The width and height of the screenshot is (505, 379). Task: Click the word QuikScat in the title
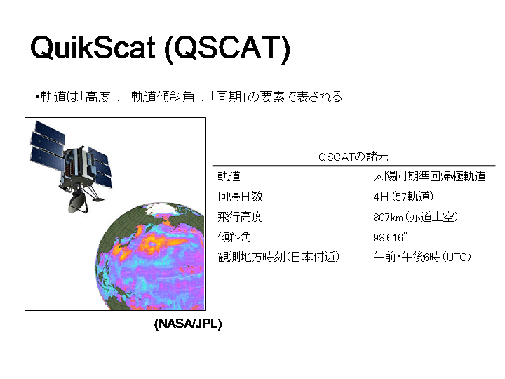(x=93, y=48)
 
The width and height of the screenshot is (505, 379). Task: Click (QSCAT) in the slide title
(x=227, y=48)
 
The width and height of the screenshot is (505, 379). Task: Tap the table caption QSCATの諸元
(x=353, y=157)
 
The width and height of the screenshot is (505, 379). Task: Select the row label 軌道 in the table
(x=229, y=176)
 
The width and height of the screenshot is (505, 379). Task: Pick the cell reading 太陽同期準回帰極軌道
(x=429, y=176)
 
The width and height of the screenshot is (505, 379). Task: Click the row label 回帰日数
(x=241, y=197)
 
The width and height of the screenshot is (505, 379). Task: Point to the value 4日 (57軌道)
(x=403, y=197)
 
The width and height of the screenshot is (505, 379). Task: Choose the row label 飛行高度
(x=241, y=217)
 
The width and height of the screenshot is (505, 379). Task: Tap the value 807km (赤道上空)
(x=415, y=217)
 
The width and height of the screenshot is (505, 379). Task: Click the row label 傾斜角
(x=234, y=237)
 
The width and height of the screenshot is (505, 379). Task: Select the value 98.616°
(x=390, y=237)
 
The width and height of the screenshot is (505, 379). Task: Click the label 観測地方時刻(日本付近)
(x=278, y=257)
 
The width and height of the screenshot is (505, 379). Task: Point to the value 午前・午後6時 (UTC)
(x=422, y=257)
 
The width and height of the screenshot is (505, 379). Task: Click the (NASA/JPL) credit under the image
(x=188, y=324)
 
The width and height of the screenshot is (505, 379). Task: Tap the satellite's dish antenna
(x=77, y=202)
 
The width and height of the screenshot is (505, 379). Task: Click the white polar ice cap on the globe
(x=162, y=209)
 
